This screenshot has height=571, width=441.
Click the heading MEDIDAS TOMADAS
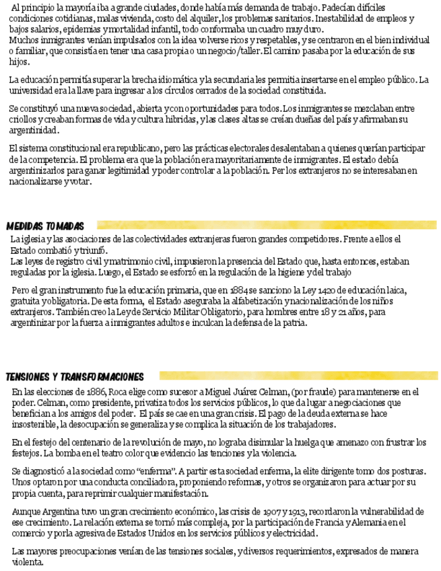tap(45, 226)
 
